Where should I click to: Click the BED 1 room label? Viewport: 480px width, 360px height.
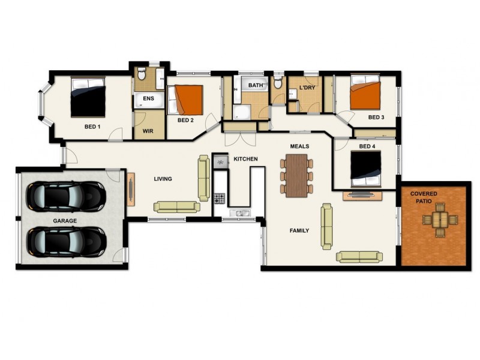tap(92, 127)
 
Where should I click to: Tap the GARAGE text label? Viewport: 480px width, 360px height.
tap(64, 221)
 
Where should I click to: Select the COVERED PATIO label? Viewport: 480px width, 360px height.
tap(424, 197)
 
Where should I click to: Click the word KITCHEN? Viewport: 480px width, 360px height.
tap(245, 159)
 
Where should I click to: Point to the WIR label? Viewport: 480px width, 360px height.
tap(148, 130)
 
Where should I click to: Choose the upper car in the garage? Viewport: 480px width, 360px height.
tap(66, 194)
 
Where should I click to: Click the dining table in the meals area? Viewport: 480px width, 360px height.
tap(296, 175)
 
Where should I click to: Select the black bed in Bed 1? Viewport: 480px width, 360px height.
tap(89, 97)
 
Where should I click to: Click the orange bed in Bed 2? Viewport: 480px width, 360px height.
tap(188, 100)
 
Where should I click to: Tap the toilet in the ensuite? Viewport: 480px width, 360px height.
tap(142, 75)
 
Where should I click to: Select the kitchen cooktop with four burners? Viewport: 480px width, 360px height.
tap(220, 198)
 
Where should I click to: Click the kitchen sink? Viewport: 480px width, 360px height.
tap(239, 213)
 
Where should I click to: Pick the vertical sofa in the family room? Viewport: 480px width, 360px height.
tap(327, 226)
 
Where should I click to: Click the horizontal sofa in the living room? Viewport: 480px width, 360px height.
tap(176, 207)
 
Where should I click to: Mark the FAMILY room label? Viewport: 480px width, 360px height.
tap(299, 230)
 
